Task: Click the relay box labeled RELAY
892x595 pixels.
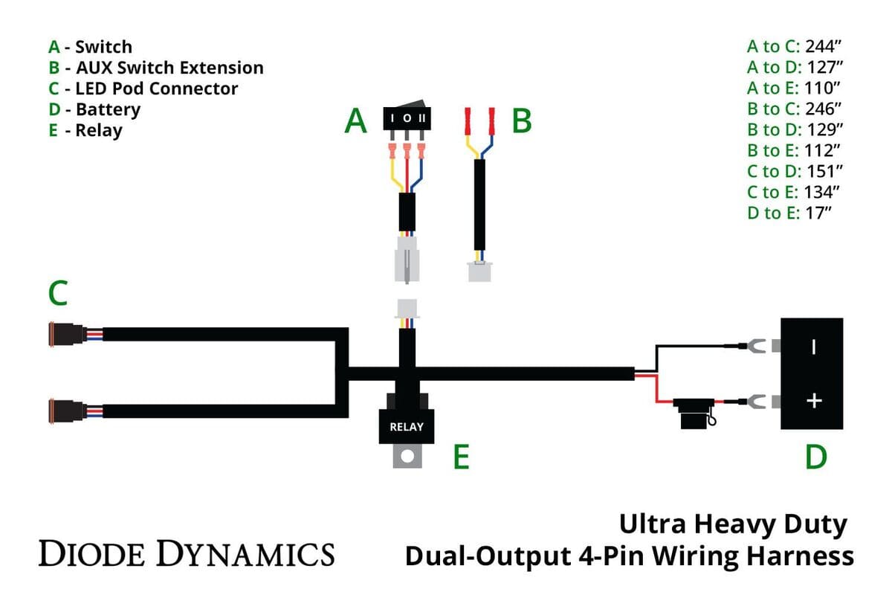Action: (406, 425)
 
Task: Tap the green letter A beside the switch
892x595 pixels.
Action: (356, 121)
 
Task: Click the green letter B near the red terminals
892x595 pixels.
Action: (522, 121)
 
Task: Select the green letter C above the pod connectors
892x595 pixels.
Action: (58, 293)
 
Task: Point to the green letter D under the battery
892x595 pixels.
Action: (815, 457)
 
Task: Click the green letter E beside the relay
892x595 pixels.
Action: (462, 457)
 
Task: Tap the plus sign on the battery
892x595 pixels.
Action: (815, 402)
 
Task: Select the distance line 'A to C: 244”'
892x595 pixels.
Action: (793, 46)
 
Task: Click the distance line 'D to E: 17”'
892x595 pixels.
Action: (789, 213)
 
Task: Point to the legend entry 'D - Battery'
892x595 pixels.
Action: (94, 109)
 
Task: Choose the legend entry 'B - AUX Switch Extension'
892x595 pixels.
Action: (156, 68)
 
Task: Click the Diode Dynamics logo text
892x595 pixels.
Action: (186, 554)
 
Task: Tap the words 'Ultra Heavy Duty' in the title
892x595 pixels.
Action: (732, 525)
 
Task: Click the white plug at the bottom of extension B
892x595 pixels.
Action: (480, 271)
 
